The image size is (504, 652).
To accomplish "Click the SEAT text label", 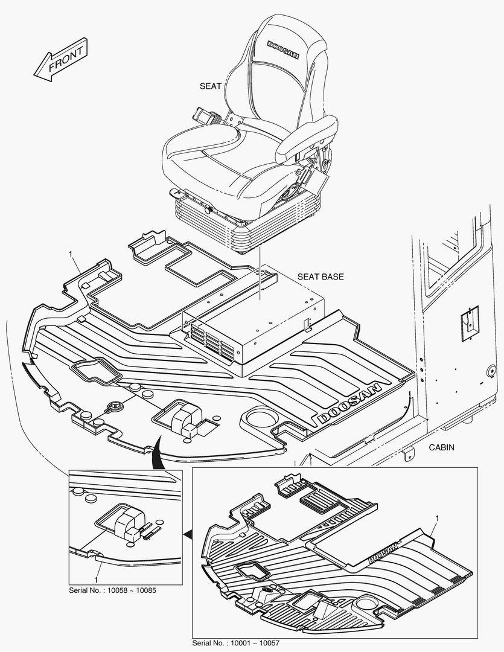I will pyautogui.click(x=211, y=86).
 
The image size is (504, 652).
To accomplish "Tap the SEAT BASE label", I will pyautogui.click(x=321, y=277).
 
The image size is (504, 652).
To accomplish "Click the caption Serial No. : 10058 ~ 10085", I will pyautogui.click(x=113, y=590).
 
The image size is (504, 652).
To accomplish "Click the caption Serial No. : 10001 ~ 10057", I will pyautogui.click(x=236, y=643).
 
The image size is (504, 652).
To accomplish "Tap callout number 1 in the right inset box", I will pyautogui.click(x=436, y=519).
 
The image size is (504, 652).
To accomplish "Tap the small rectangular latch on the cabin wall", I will pyautogui.click(x=469, y=320).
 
